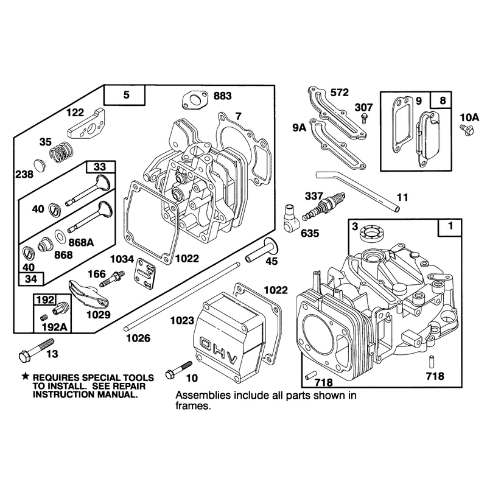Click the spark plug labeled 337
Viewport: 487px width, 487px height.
[x=324, y=206]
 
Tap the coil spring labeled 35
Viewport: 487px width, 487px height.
[x=62, y=152]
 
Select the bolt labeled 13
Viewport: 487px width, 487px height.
[x=36, y=349]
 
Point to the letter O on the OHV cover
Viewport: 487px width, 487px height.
[x=206, y=344]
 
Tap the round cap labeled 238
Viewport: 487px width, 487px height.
[x=39, y=165]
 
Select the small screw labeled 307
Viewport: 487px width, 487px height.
[x=363, y=119]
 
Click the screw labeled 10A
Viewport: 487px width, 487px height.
[x=466, y=129]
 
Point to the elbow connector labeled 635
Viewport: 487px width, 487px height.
[x=292, y=219]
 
